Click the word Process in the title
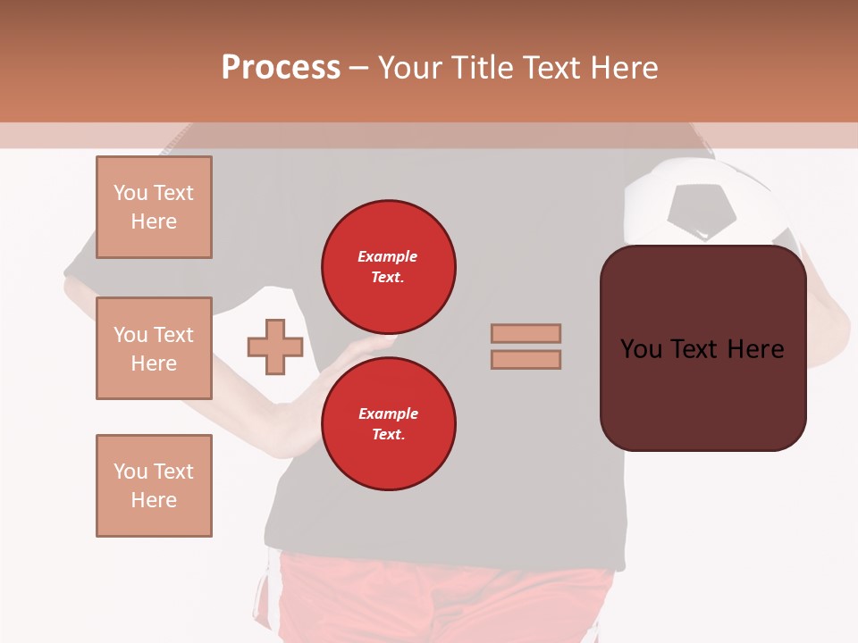281,68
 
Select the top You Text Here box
154,207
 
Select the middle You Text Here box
154,348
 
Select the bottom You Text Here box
154,486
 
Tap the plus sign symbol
275,347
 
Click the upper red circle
389,267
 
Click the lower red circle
389,424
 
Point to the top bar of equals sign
526,333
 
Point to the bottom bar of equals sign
526,360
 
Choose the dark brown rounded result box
702,393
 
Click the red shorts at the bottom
447,598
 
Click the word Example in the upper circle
388,256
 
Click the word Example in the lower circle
388,413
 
